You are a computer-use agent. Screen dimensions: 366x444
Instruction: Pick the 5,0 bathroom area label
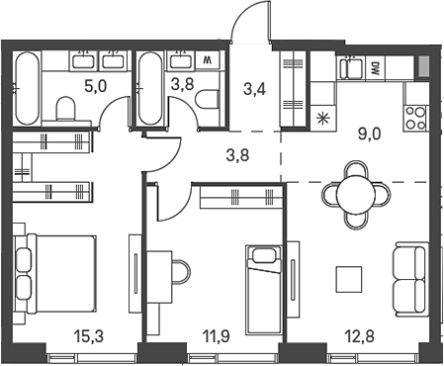[x=94, y=87]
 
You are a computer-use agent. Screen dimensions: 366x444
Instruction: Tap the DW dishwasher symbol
[x=377, y=68]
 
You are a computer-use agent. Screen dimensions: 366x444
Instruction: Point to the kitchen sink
[x=348, y=68]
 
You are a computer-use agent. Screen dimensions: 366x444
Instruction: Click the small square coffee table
[x=348, y=280]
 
